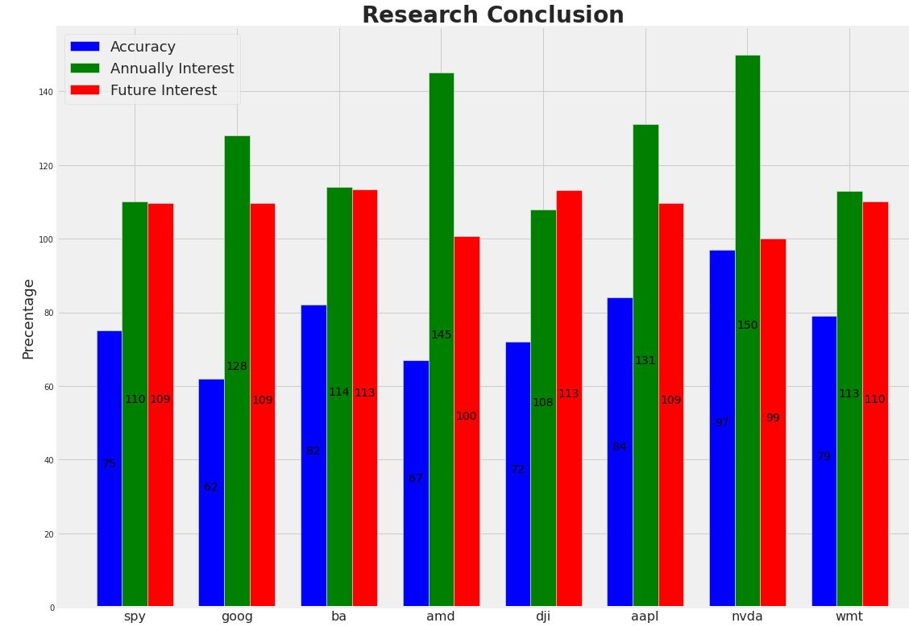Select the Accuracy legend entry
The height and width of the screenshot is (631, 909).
[143, 47]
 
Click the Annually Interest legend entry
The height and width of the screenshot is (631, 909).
[172, 68]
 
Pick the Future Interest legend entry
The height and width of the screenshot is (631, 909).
[163, 90]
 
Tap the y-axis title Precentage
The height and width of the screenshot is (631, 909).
[29, 319]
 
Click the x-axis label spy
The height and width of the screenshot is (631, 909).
[135, 616]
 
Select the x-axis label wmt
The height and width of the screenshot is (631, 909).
[849, 616]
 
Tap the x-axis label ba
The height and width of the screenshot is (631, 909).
[338, 616]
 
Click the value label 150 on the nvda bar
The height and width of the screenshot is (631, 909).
[747, 325]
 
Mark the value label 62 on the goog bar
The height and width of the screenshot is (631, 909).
[211, 487]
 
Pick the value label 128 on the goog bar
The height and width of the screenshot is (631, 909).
[237, 366]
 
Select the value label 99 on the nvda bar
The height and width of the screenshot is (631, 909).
[773, 417]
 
